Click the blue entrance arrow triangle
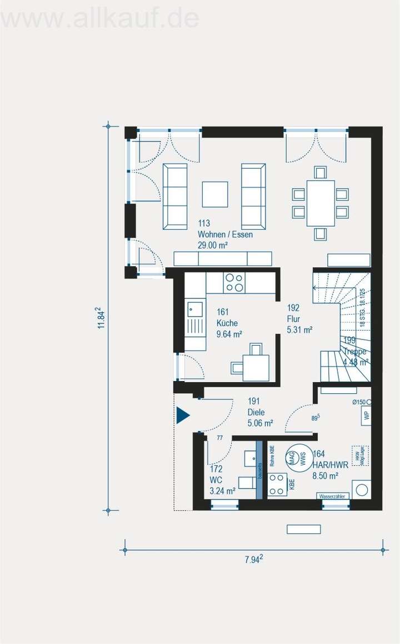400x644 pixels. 182,415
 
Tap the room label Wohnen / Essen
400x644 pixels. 225,235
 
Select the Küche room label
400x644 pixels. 227,323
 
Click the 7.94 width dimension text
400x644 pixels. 253,560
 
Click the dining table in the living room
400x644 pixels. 321,203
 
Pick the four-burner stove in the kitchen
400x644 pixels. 234,283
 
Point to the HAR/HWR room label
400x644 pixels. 330,464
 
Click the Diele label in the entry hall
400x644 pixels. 256,413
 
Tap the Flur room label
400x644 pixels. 294,319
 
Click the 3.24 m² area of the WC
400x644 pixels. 222,490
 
